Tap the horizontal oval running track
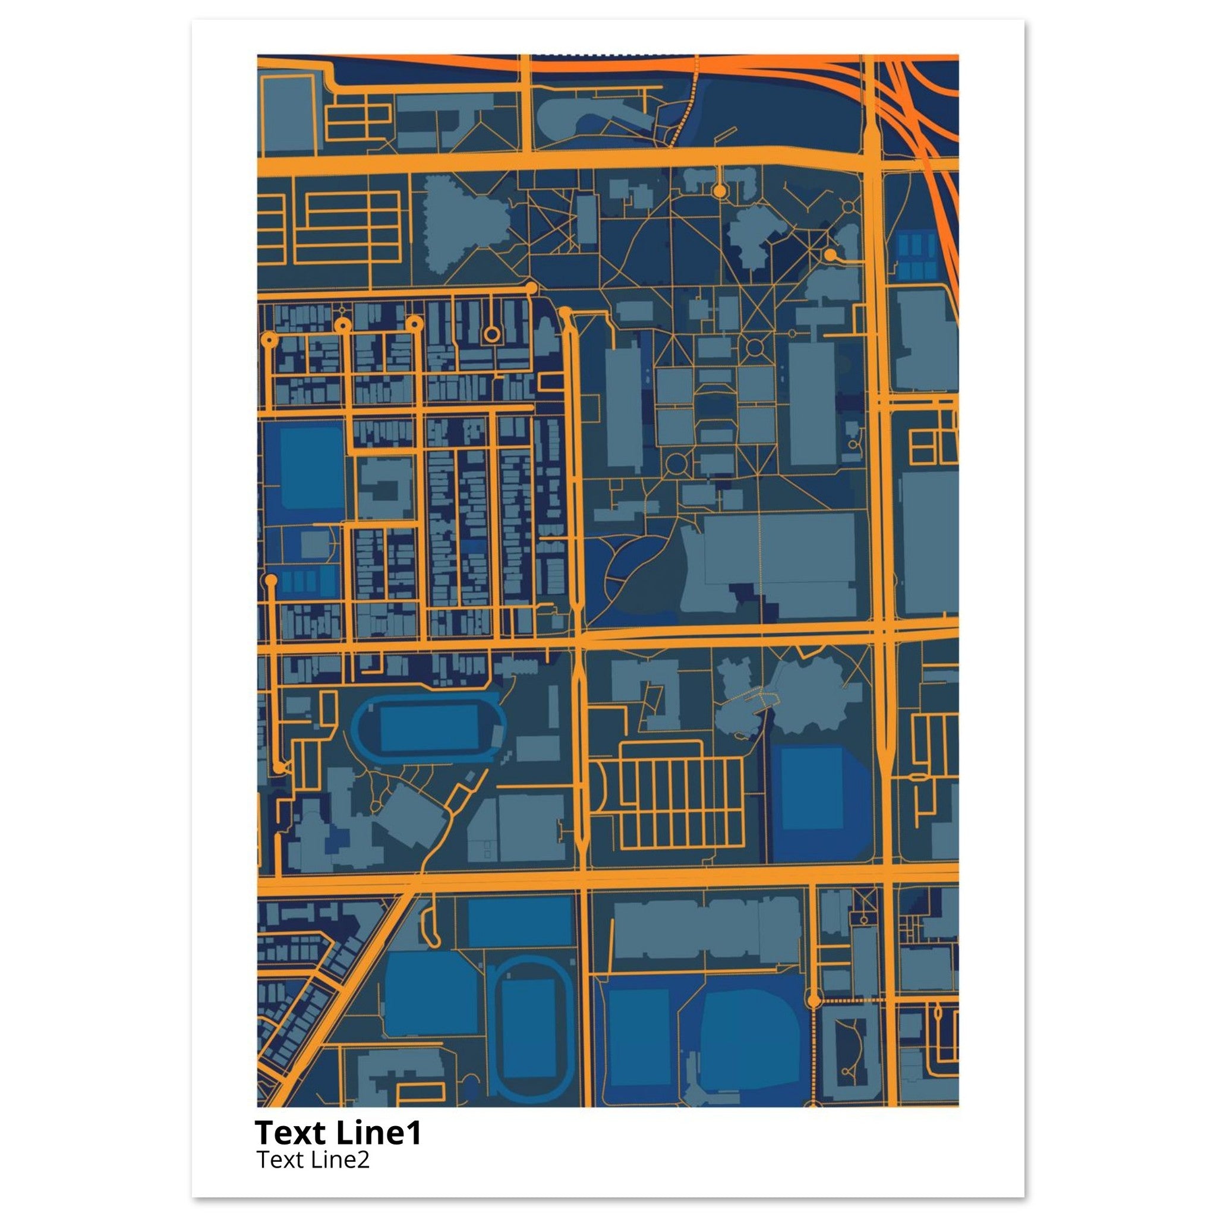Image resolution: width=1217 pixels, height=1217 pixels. [429, 726]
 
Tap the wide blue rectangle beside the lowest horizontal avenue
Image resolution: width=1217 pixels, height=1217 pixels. [520, 921]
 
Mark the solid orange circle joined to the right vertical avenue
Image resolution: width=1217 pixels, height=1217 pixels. [830, 254]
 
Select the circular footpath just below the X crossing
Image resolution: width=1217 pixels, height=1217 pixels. [755, 346]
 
